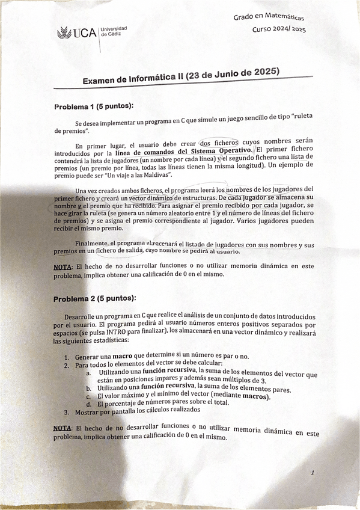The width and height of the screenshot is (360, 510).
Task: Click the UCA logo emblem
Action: click(64, 34)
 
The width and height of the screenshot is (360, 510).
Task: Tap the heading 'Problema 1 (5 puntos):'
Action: click(93, 106)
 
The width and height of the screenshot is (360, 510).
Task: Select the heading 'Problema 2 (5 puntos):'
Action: click(94, 298)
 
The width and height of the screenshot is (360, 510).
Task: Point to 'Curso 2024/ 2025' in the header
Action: click(279, 29)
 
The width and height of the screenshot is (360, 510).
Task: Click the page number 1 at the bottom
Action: click(313, 473)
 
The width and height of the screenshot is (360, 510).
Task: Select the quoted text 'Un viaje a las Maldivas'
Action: click(138, 175)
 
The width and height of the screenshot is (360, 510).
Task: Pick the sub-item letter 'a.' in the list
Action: click(89, 373)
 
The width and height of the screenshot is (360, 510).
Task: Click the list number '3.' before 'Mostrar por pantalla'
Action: click(67, 412)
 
